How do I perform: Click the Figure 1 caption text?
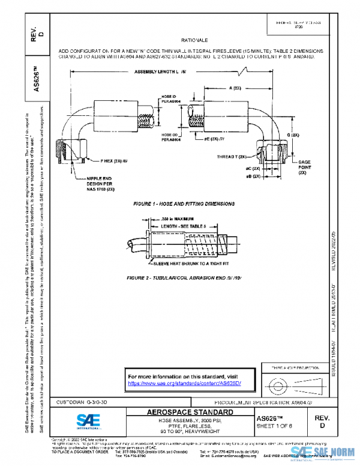179,204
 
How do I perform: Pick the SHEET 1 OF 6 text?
277,426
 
